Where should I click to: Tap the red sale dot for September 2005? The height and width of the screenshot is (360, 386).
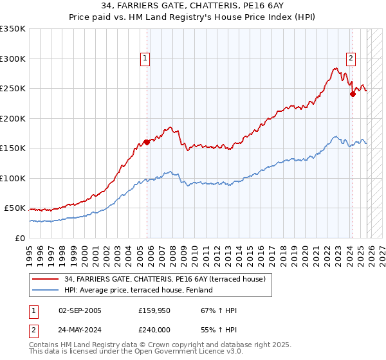click(147, 142)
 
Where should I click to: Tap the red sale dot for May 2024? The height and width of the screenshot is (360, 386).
click(353, 94)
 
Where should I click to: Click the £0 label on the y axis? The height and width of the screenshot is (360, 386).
click(20, 238)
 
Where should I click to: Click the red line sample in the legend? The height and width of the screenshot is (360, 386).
click(47, 279)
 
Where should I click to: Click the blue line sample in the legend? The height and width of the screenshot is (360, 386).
click(47, 290)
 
